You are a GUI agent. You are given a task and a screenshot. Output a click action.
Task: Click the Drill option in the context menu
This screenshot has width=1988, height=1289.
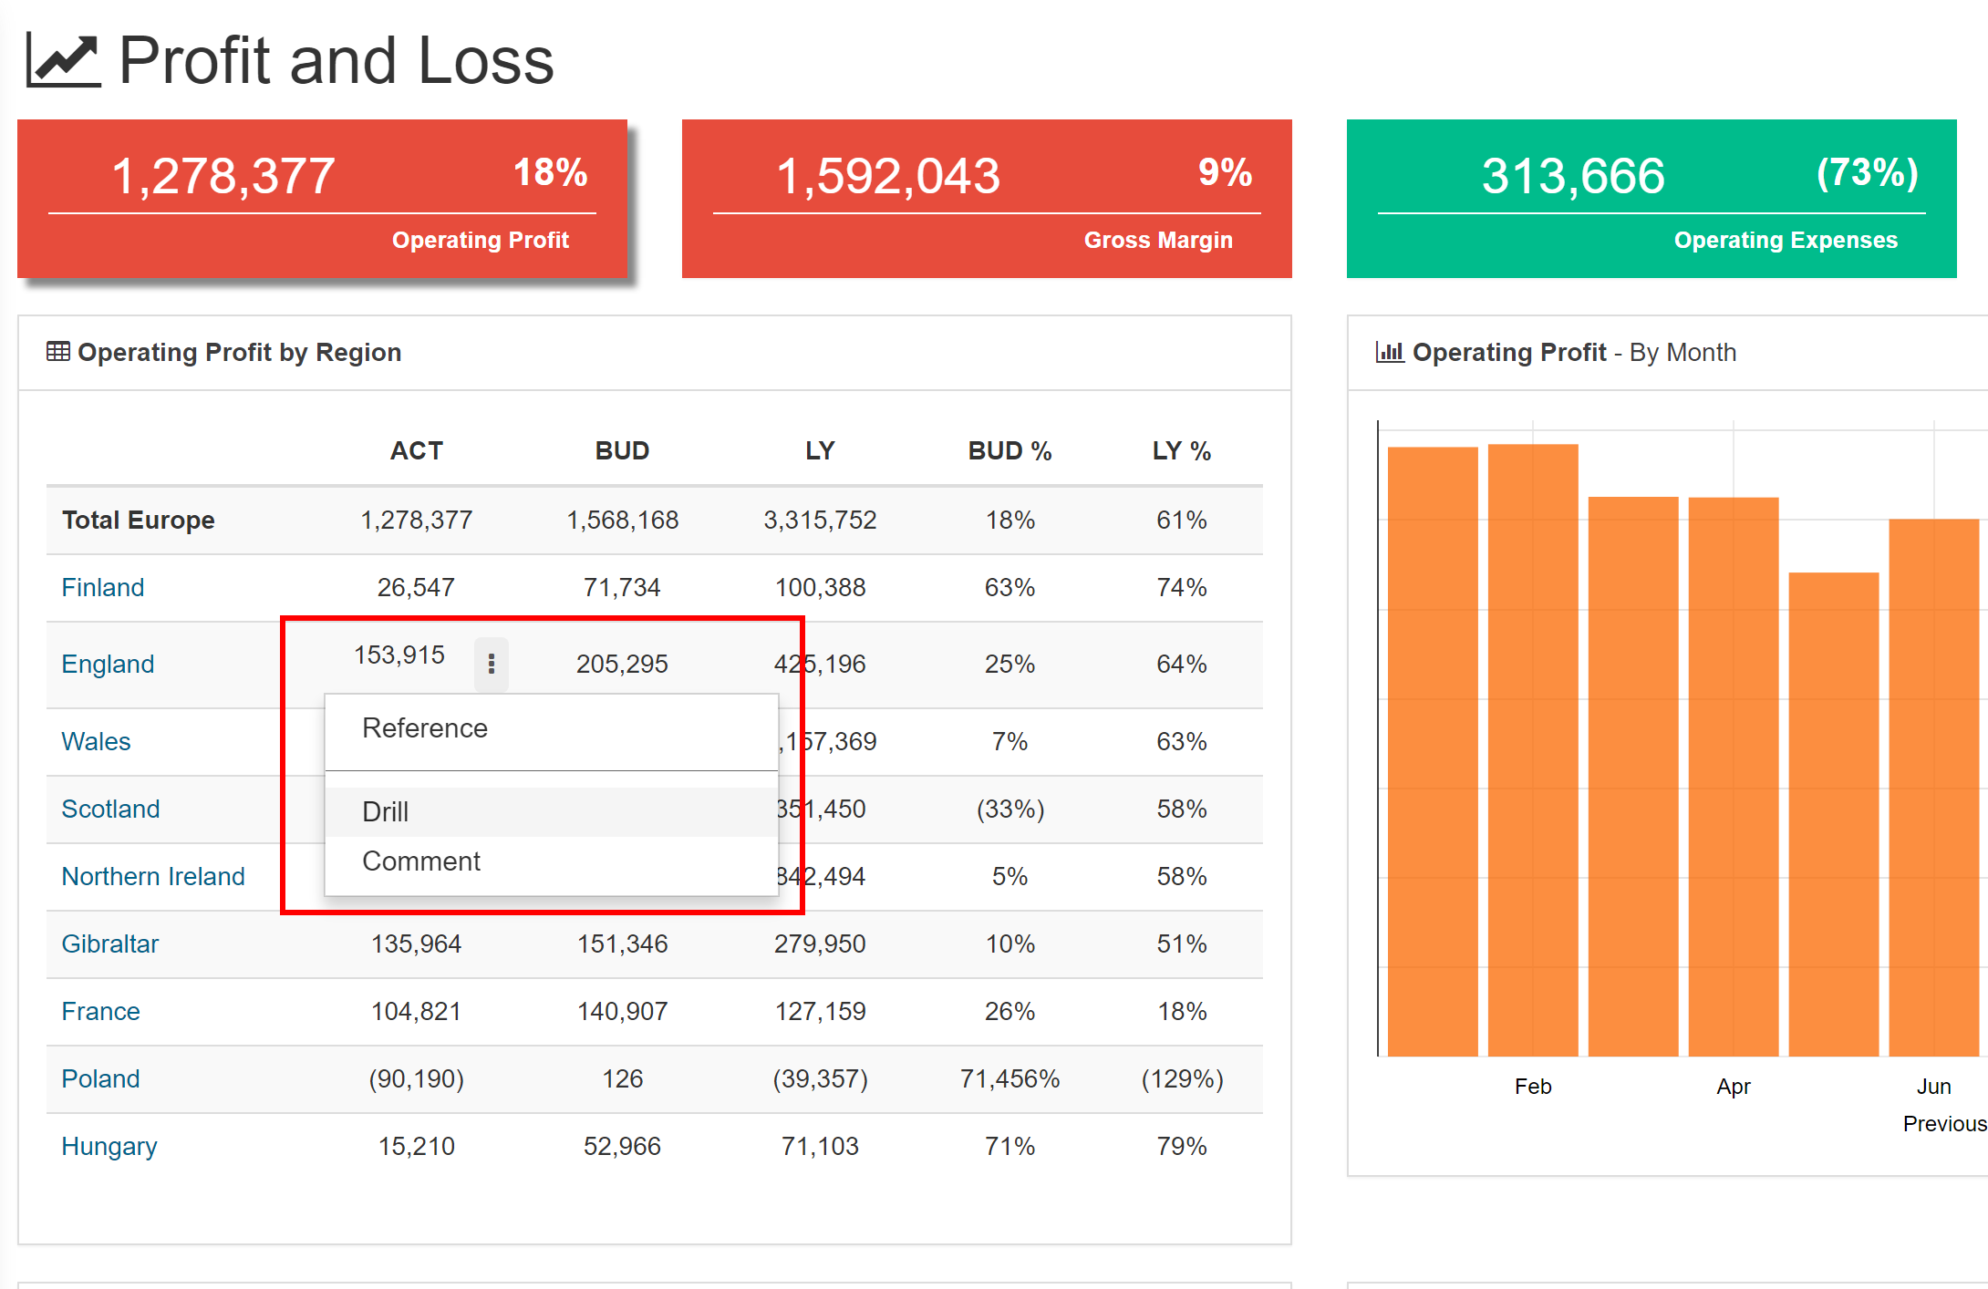[x=386, y=811]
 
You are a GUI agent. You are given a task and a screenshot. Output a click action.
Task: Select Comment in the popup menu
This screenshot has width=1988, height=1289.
[x=421, y=861]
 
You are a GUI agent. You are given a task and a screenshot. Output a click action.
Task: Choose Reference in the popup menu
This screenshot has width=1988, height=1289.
[x=425, y=728]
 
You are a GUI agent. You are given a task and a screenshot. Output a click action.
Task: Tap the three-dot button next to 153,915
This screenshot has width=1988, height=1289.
[x=491, y=664]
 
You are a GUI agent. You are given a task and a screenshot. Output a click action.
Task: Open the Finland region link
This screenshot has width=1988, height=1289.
[x=103, y=588]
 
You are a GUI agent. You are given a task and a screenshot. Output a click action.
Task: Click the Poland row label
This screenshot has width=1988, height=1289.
[x=100, y=1079]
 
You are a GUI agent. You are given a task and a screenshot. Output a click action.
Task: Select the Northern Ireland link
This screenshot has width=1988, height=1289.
[x=153, y=877]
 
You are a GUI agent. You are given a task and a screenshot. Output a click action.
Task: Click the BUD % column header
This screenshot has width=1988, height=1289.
[x=1010, y=451]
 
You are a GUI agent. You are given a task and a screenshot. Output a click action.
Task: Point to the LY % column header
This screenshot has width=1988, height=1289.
[x=1181, y=451]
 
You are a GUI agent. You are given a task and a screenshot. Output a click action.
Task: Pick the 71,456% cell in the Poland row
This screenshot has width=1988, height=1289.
[x=1010, y=1079]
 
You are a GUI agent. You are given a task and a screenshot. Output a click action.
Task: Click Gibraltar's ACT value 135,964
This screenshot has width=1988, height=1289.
[x=416, y=944]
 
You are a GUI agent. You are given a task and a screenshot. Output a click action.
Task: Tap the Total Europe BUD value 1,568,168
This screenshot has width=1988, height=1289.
[x=623, y=521]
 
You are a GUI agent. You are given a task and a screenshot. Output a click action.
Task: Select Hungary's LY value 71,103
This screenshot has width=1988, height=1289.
[x=820, y=1147]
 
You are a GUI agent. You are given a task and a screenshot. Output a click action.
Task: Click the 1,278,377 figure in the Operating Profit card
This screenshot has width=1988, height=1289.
[x=223, y=176]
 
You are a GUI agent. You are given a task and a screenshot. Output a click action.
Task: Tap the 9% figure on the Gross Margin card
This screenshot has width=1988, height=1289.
[x=1225, y=173]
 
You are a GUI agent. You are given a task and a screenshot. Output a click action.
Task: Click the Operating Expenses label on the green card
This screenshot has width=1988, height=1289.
[x=1786, y=241]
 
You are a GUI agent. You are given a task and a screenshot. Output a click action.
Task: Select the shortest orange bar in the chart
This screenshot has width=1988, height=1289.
[x=1833, y=813]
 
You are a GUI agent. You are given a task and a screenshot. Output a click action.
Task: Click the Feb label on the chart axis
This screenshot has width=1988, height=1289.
[x=1533, y=1087]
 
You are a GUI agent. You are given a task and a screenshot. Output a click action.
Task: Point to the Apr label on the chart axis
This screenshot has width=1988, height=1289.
[x=1734, y=1087]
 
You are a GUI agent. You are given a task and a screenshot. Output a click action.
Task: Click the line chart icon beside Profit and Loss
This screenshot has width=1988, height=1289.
[x=63, y=60]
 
